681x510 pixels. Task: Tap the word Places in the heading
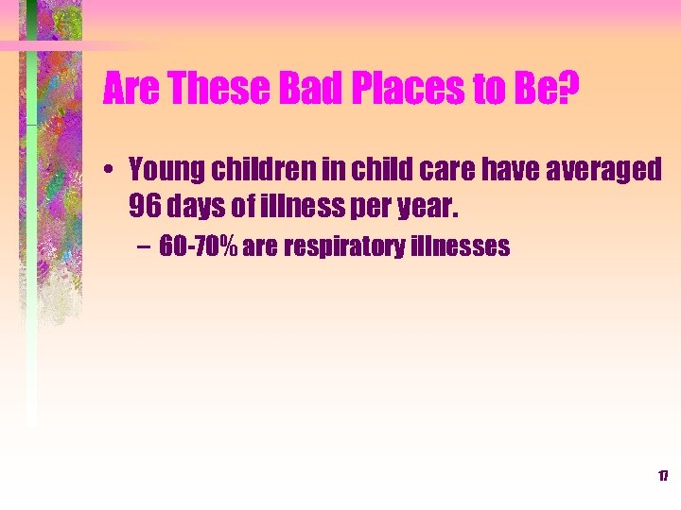[396, 90]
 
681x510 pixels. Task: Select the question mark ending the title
[569, 90]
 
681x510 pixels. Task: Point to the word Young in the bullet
[163, 170]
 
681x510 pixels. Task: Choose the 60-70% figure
[200, 247]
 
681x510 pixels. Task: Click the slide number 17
[663, 476]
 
